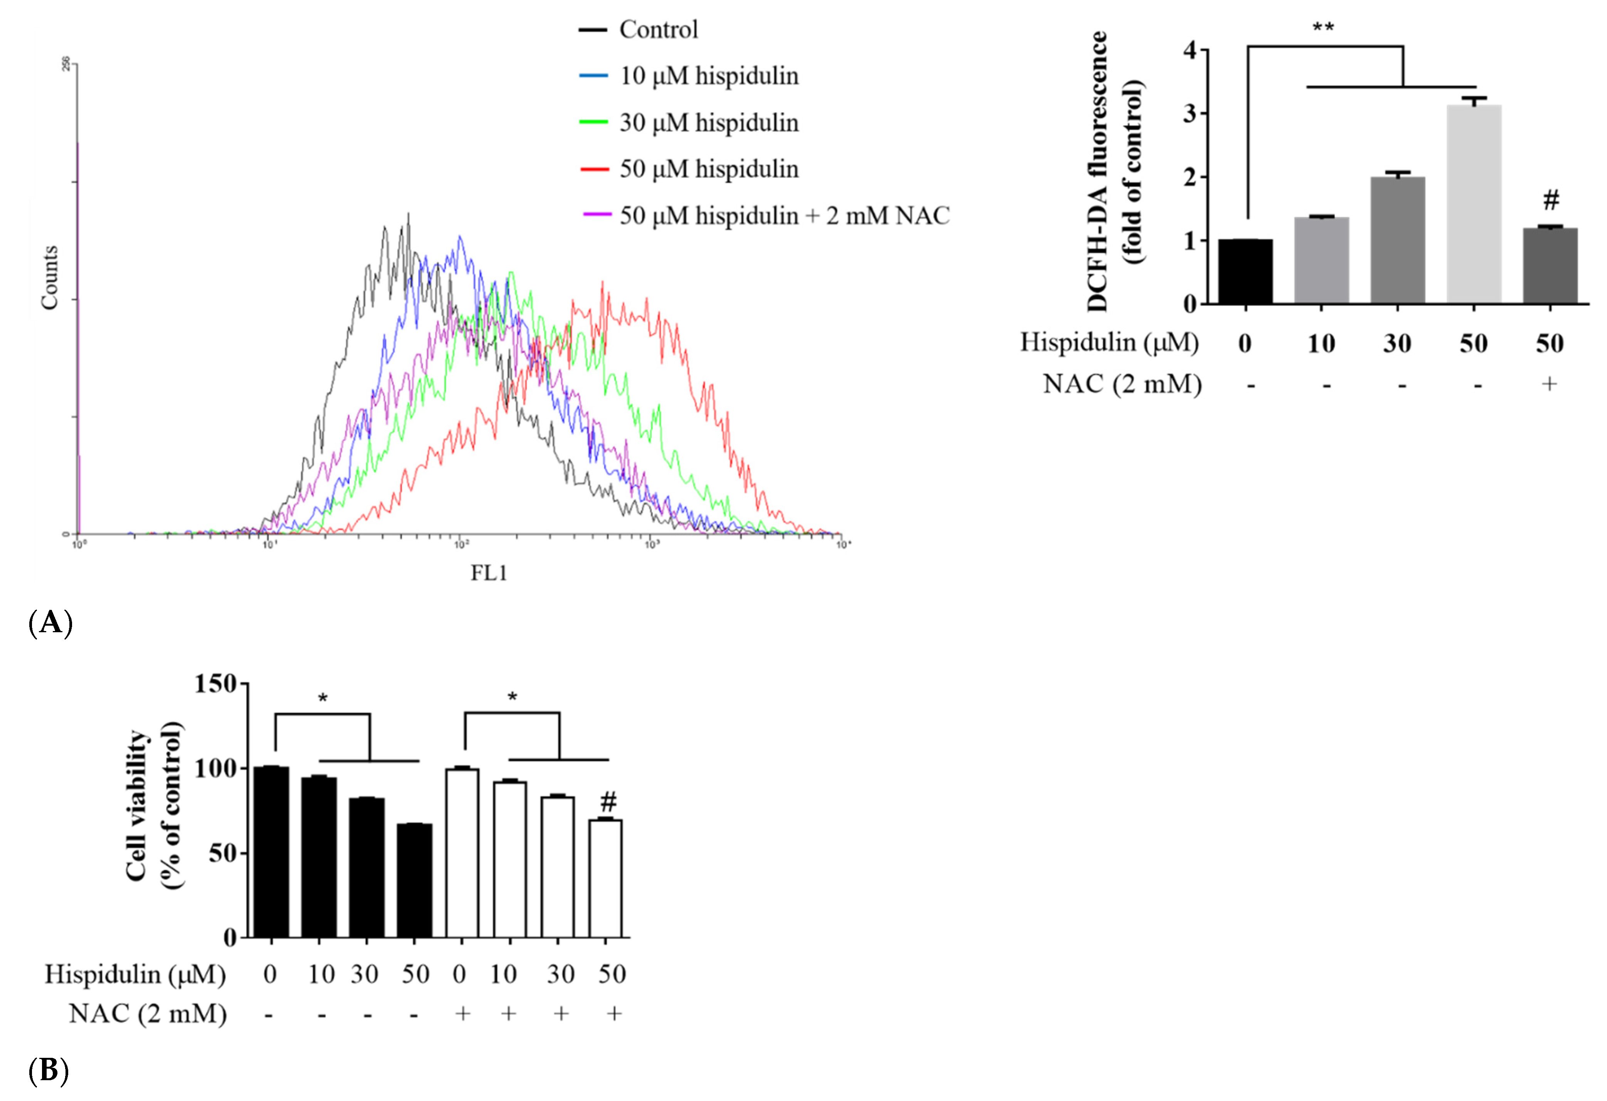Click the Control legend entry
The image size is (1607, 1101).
pos(657,30)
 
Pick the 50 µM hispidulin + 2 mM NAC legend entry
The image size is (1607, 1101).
pos(783,216)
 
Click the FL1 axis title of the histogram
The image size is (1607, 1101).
pos(489,572)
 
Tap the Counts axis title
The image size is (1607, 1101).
pos(49,277)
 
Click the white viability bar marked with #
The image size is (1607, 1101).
pos(605,878)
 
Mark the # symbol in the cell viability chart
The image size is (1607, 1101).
pos(608,802)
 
